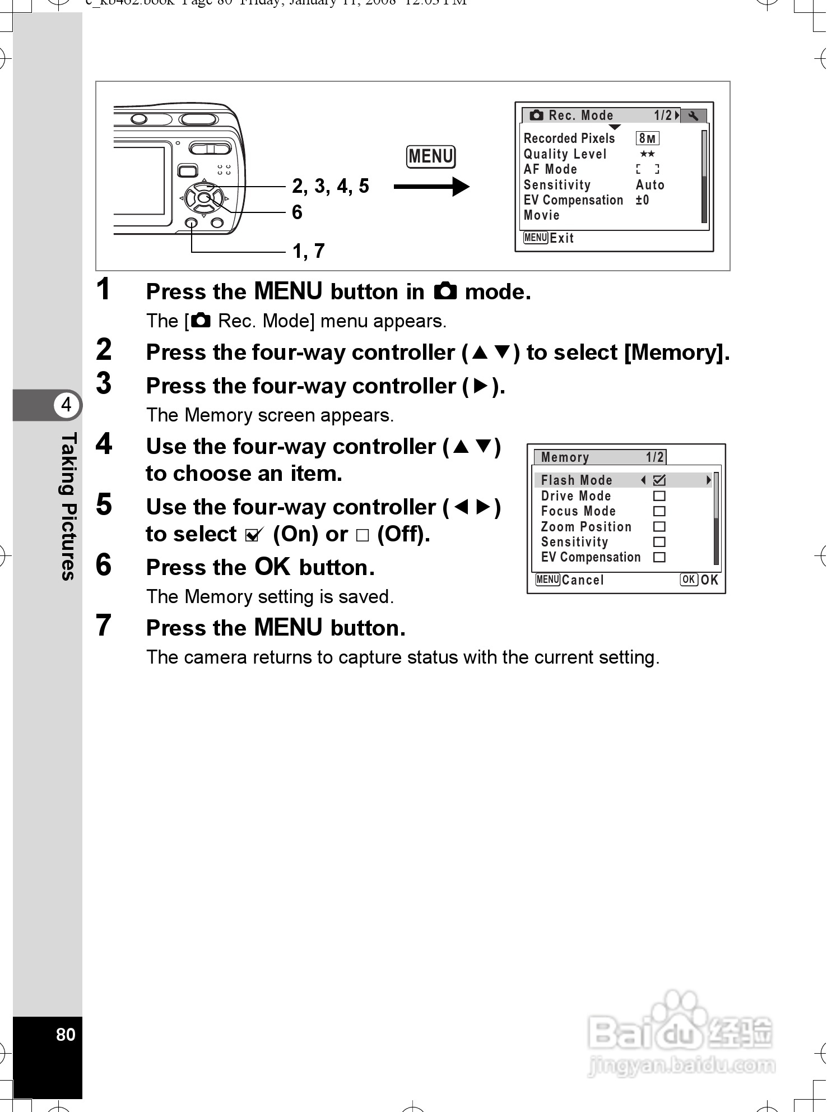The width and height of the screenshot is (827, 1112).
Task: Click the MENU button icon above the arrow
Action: [x=430, y=156]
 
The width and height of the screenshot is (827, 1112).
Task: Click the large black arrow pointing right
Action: [x=431, y=187]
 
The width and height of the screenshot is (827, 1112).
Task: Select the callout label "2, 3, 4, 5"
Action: [x=331, y=186]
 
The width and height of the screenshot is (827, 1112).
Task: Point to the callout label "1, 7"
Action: [x=309, y=251]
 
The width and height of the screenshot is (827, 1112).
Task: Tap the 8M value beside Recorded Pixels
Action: [x=647, y=138]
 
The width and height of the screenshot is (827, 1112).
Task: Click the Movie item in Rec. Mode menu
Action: [x=541, y=215]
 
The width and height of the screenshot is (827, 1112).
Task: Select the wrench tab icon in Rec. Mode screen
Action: [x=693, y=116]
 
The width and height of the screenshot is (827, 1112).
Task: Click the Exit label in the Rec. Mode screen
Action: [x=561, y=238]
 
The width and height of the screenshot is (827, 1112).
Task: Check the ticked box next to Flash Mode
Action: [x=659, y=480]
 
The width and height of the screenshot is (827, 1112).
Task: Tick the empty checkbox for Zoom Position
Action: [x=659, y=527]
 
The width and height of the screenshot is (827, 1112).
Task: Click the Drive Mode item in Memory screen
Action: [x=575, y=496]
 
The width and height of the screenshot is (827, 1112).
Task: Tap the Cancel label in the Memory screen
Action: [x=583, y=580]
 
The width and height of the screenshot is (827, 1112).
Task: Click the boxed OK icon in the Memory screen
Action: [x=689, y=580]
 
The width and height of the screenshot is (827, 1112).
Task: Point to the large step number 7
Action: [x=104, y=625]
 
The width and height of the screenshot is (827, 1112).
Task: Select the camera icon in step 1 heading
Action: [x=445, y=291]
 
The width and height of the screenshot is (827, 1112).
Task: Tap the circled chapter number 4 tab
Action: [x=67, y=405]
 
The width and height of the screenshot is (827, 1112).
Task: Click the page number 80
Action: [x=66, y=1034]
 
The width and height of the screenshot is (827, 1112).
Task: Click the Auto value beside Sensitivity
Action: [x=650, y=185]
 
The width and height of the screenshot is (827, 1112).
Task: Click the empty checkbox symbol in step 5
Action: [x=363, y=535]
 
